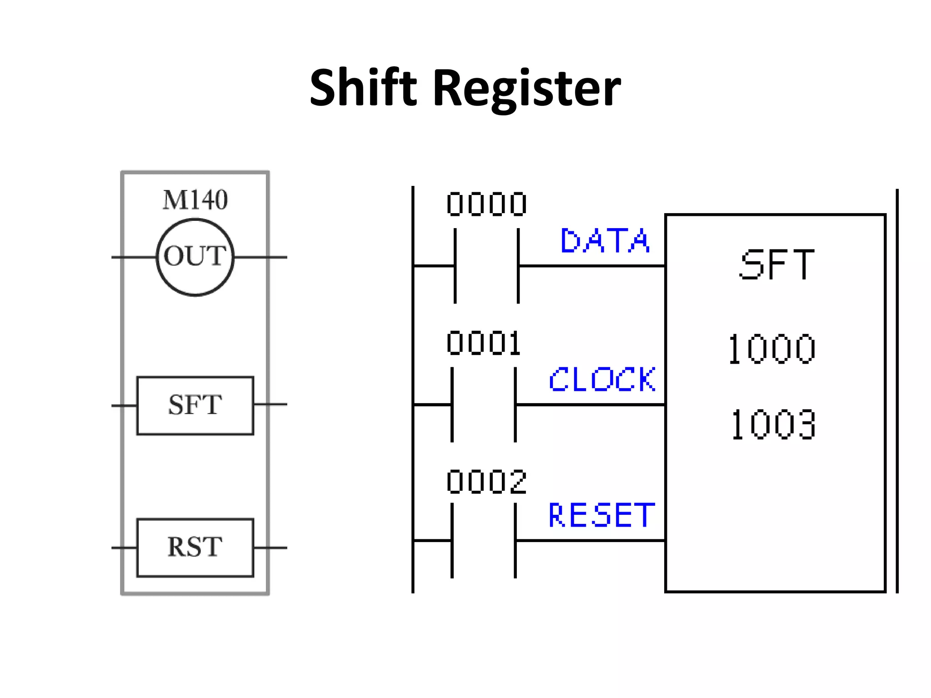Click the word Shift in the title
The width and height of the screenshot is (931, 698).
pos(363,87)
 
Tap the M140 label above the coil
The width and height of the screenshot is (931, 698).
pos(195,200)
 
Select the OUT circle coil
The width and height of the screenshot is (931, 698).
pos(195,257)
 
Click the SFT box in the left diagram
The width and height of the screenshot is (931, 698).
pos(195,405)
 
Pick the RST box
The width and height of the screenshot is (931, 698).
pos(195,548)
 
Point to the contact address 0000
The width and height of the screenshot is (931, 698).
pos(486,204)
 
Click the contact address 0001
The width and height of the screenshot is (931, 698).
pos(483,344)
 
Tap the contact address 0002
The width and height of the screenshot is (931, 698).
pos(486,482)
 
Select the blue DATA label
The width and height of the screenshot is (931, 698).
pos(605,241)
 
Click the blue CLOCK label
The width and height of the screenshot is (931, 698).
pos(602,379)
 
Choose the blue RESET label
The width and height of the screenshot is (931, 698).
pos(601,515)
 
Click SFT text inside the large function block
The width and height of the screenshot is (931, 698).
pos(776,265)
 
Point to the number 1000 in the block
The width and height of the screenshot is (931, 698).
pos(772,349)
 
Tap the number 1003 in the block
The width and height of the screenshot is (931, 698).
pos(773,424)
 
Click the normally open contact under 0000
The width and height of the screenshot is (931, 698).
pos(486,266)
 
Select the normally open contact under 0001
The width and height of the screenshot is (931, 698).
pos(484,404)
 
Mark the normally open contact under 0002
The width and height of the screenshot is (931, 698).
pos(484,541)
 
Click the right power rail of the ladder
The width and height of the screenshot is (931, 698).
pos(897,391)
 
